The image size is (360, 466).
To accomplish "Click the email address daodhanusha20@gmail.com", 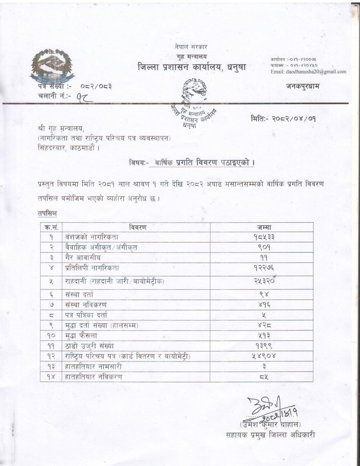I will (308, 72).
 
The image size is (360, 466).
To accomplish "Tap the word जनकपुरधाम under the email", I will (302, 86).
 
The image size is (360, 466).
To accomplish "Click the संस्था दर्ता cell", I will (79, 294).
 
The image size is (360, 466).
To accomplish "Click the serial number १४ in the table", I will (51, 377).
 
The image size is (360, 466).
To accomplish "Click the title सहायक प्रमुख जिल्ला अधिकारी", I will (271, 435).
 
